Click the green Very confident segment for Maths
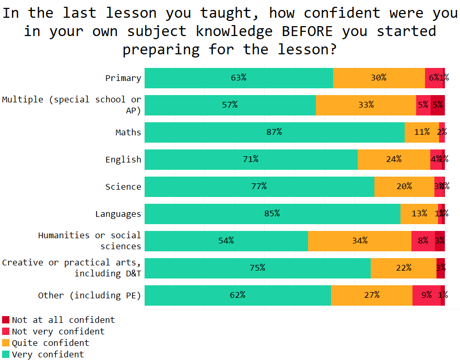[275, 132]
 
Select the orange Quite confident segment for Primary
[379, 78]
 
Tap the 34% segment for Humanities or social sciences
[360, 241]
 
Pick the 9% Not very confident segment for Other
[427, 295]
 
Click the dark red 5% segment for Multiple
[438, 105]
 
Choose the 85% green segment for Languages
[273, 214]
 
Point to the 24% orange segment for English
[394, 159]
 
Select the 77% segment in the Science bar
[260, 187]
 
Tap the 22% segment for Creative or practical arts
[404, 268]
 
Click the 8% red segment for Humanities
[423, 241]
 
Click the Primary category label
[123, 78]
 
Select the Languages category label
[118, 214]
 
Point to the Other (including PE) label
[89, 295]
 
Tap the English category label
[123, 159]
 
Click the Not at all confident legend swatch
[6, 320]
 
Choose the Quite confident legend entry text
[51, 343]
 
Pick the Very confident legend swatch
[6, 354]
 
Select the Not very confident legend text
[58, 331]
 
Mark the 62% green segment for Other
[238, 295]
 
